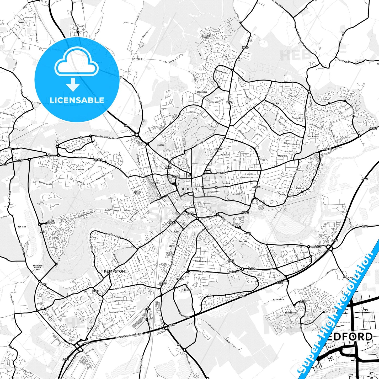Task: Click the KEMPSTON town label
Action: pyautogui.click(x=114, y=271)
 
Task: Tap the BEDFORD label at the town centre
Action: pyautogui.click(x=189, y=189)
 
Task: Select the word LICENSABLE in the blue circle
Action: pyautogui.click(x=77, y=100)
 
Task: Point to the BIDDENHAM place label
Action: pyautogui.click(x=79, y=169)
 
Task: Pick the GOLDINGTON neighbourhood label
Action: pyautogui.click(x=312, y=136)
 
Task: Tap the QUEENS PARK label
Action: pyautogui.click(x=137, y=193)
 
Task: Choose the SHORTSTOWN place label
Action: pyautogui.click(x=291, y=313)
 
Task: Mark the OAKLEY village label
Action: pyautogui.click(x=22, y=23)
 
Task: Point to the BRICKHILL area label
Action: pyautogui.click(x=202, y=92)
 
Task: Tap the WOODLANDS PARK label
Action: pyautogui.click(x=206, y=37)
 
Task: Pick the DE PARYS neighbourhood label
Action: pyautogui.click(x=225, y=155)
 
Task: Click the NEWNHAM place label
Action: pyautogui.click(x=300, y=188)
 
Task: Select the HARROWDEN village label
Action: pyautogui.click(x=278, y=299)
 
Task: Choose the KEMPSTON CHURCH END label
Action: pyautogui.click(x=38, y=268)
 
